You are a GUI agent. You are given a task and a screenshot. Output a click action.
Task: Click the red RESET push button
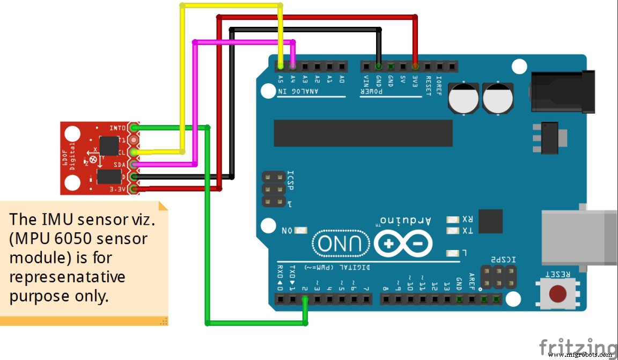[558, 293]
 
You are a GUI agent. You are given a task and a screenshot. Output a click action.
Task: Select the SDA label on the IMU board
[120, 164]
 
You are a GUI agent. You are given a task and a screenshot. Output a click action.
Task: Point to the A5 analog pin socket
[281, 67]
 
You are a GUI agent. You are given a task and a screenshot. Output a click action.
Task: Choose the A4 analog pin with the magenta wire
[292, 67]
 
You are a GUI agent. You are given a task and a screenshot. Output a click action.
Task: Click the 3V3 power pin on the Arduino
[415, 67]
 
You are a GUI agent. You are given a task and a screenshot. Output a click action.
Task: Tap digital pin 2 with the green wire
[305, 299]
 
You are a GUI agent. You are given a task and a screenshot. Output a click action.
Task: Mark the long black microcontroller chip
[363, 133]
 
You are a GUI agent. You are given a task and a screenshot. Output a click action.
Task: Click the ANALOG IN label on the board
[298, 91]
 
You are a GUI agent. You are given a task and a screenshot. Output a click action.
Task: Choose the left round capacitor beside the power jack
[463, 98]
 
